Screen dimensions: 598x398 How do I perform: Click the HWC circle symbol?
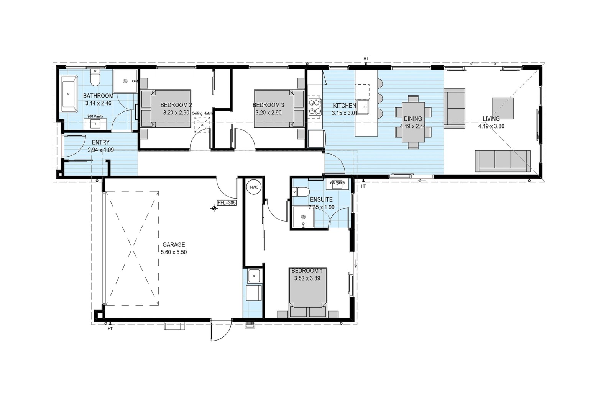point(254,187)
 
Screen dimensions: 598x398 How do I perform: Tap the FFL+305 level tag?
point(227,203)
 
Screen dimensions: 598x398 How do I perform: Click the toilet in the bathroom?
point(95,78)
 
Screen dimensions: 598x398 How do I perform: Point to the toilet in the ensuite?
point(301,191)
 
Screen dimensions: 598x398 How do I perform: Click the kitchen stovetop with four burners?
point(315,107)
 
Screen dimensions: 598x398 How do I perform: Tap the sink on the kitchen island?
point(363,107)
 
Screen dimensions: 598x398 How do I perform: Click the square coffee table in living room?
point(503,108)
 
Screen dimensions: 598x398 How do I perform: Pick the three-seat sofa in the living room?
point(503,161)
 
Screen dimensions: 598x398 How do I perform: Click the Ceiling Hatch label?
point(202,113)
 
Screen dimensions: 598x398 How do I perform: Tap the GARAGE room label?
point(174,245)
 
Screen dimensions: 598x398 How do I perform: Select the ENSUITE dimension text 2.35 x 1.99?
point(321,207)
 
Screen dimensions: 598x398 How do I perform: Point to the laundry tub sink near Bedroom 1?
point(254,276)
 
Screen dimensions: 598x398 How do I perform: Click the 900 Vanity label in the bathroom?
point(95,116)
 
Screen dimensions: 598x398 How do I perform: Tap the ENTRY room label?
point(101,143)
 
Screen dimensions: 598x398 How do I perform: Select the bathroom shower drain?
point(125,81)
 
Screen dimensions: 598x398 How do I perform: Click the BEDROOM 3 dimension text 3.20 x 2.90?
point(268,113)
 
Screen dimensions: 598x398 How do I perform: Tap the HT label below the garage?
point(110,329)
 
